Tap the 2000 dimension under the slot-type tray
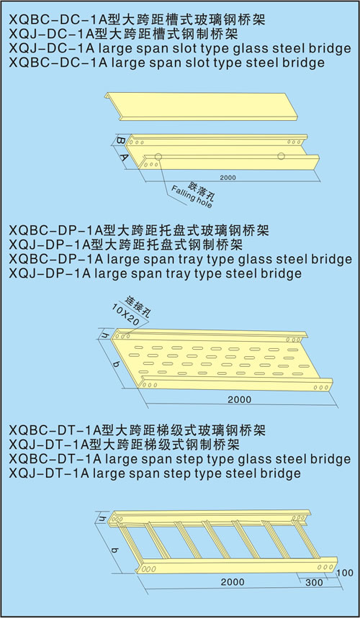pos(228,178)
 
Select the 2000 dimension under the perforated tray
pos(239,399)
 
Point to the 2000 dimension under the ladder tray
pos(233,582)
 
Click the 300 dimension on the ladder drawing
pos(314,583)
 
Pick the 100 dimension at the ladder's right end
pos(346,572)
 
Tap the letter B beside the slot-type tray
pos(121,140)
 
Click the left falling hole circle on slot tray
pos(158,156)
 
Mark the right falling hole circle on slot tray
pos(281,156)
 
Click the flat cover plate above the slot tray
pos(201,106)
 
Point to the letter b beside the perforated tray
pos(115,363)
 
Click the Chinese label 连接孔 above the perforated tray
pos(138,306)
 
